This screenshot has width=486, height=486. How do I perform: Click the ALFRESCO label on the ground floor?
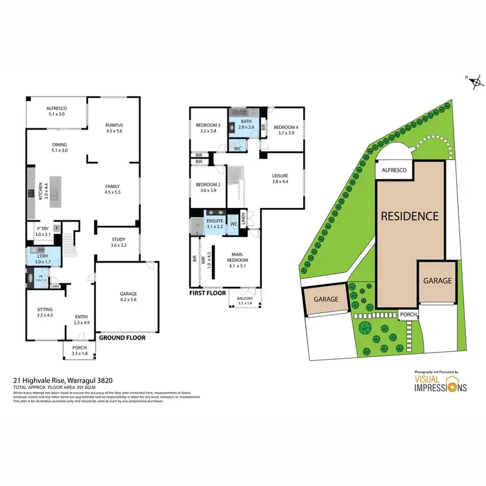[x=58, y=109]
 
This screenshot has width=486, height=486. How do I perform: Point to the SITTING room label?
[x=45, y=309]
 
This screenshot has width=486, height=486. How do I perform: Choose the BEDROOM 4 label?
[x=285, y=126]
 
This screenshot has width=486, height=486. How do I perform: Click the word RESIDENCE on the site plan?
[x=409, y=216]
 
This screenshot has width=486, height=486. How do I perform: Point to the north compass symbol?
[x=476, y=82]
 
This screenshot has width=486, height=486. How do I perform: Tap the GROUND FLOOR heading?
[x=122, y=338]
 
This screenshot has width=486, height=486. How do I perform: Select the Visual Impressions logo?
[x=440, y=383]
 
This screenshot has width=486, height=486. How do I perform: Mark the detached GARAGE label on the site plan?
[x=326, y=299]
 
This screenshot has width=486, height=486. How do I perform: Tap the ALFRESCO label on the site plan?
[x=393, y=170]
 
